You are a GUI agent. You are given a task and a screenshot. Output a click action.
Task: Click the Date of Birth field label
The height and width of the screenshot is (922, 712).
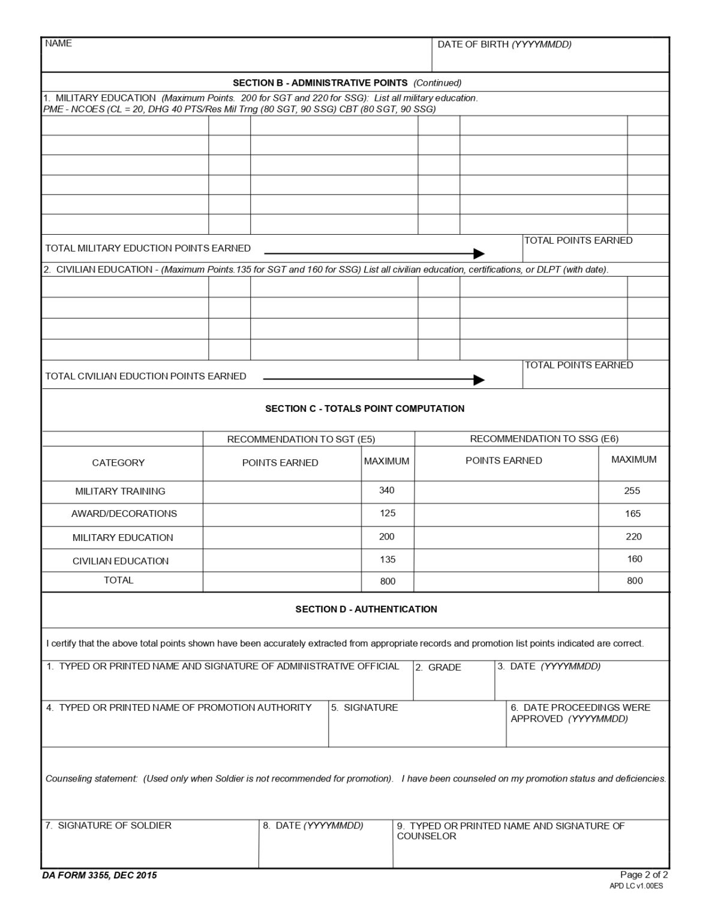pyautogui.click(x=504, y=44)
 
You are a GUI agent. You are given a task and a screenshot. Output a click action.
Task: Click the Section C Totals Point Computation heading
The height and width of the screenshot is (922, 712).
pyautogui.click(x=365, y=409)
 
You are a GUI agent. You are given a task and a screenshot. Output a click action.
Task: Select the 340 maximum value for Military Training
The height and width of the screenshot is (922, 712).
pyautogui.click(x=387, y=490)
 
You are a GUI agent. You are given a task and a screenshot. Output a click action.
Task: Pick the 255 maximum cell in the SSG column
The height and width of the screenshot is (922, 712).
pyautogui.click(x=632, y=490)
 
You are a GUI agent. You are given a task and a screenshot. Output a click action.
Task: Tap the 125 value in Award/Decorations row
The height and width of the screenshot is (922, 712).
pyautogui.click(x=387, y=513)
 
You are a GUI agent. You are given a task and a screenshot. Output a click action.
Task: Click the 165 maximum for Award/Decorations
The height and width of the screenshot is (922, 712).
pyautogui.click(x=633, y=513)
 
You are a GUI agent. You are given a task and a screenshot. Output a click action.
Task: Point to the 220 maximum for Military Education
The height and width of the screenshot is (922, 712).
pyautogui.click(x=633, y=537)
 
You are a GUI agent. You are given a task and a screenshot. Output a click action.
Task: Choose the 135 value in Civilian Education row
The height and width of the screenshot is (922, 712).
pyautogui.click(x=387, y=559)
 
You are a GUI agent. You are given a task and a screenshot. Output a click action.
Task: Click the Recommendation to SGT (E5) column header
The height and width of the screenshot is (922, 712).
pyautogui.click(x=301, y=439)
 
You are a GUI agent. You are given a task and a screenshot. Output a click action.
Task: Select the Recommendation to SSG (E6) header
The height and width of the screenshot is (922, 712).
pyautogui.click(x=544, y=439)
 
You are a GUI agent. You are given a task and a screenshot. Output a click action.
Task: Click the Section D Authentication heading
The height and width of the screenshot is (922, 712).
pyautogui.click(x=366, y=609)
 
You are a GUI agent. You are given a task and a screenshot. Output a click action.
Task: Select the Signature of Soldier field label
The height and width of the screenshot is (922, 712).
pyautogui.click(x=109, y=825)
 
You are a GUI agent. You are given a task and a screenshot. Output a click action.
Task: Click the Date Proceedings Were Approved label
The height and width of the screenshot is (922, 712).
pyautogui.click(x=580, y=713)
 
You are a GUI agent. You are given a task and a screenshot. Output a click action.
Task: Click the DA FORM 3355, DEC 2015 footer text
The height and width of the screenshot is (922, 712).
pyautogui.click(x=100, y=875)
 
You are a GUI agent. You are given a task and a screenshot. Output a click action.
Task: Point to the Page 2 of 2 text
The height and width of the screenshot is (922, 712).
pyautogui.click(x=644, y=875)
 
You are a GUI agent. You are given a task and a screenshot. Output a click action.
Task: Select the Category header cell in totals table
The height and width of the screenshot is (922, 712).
pyautogui.click(x=118, y=463)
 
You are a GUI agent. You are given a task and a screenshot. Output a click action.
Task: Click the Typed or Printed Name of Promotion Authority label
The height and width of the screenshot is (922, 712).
pyautogui.click(x=179, y=708)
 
